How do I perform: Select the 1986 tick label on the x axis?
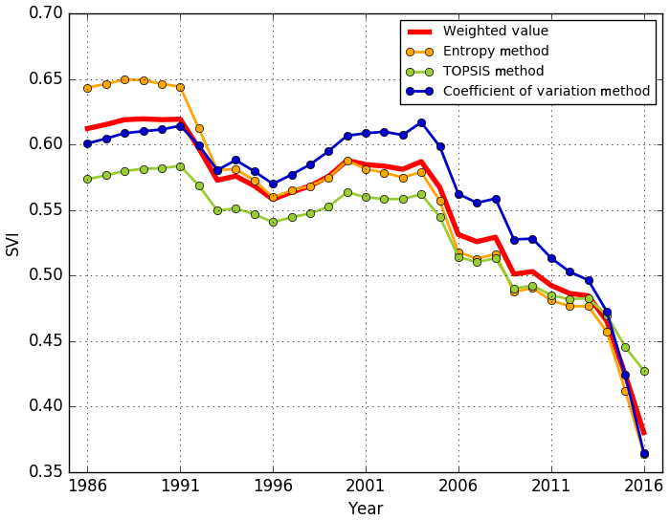(87, 485)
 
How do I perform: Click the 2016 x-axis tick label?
(644, 485)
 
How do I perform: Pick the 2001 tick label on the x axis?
(366, 485)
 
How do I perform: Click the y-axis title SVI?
(13, 243)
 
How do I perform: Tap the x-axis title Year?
(366, 509)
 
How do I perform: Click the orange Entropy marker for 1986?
(87, 88)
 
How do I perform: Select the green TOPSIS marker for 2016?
(644, 371)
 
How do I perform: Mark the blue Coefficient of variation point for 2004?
(421, 122)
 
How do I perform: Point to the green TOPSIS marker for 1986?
(87, 179)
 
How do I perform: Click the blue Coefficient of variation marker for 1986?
(87, 143)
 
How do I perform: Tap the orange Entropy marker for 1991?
(180, 87)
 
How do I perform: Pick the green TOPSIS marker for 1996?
(273, 222)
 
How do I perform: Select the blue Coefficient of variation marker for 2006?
(458, 194)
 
